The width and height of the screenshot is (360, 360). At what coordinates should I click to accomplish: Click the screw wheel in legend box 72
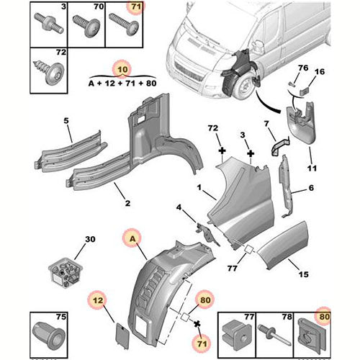(x=48, y=72)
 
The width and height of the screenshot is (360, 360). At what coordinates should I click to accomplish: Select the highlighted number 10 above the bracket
(x=122, y=70)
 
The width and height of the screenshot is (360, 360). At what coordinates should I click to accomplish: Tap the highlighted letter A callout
(x=132, y=239)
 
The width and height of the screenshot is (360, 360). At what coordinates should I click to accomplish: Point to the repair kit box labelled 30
(x=66, y=272)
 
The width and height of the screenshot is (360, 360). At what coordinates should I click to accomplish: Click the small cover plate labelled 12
(x=122, y=336)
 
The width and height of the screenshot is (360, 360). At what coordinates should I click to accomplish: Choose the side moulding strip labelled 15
(x=283, y=246)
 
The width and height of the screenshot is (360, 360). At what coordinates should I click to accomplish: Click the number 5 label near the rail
(x=66, y=120)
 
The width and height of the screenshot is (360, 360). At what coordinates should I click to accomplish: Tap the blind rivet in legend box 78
(x=274, y=334)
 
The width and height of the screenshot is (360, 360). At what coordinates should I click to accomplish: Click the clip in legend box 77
(x=237, y=333)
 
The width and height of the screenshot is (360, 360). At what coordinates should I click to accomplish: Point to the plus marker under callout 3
(x=251, y=153)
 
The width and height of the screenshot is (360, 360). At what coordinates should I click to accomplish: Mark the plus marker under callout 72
(x=222, y=151)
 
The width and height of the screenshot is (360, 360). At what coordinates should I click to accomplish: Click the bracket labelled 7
(x=280, y=145)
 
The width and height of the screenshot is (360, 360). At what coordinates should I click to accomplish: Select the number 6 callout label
(x=311, y=188)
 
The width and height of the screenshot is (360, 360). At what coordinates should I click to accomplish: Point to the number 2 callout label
(x=127, y=203)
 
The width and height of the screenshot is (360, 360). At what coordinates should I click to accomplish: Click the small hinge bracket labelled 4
(x=208, y=234)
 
